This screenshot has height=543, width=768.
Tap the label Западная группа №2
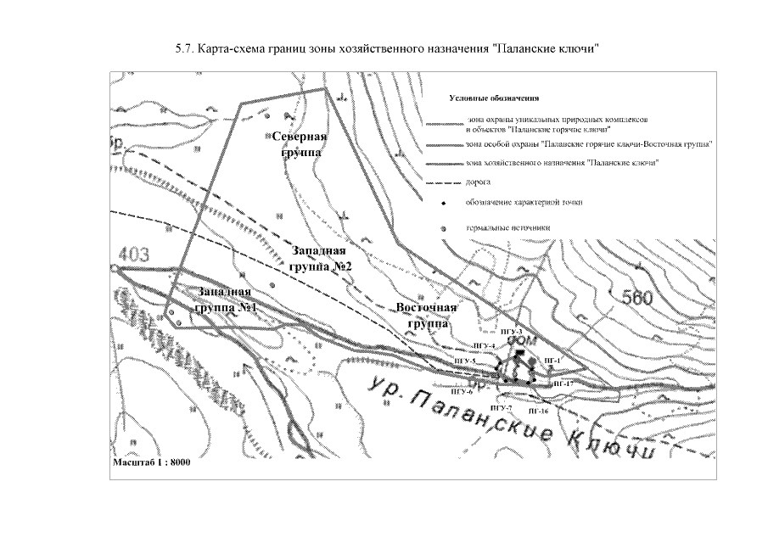(x=320, y=259)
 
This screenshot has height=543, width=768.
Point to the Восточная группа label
(x=427, y=316)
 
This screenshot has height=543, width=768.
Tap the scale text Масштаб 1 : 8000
(x=152, y=463)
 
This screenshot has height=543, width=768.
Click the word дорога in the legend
(x=479, y=182)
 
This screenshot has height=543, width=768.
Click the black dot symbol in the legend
(x=444, y=204)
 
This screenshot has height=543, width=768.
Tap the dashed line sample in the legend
(x=441, y=182)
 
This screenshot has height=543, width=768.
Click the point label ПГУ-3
(x=511, y=331)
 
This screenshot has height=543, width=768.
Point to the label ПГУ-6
(x=462, y=392)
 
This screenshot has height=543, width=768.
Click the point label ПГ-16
(x=538, y=410)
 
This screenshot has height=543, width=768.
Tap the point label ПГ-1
(x=553, y=361)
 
